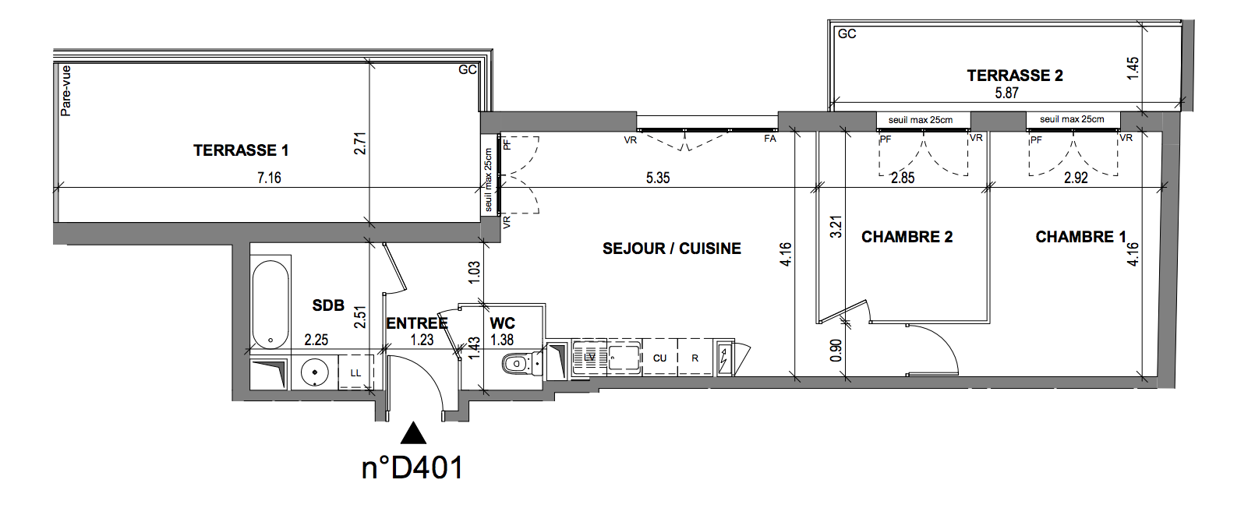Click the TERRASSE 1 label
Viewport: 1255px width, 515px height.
click(241, 150)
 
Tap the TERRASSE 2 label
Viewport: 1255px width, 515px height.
click(1015, 76)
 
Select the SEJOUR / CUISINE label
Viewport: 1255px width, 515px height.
click(672, 249)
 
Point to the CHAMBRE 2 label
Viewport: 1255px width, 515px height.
click(907, 237)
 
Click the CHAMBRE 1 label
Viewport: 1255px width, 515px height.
click(1080, 237)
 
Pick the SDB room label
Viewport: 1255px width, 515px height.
click(328, 305)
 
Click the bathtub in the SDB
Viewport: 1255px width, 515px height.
click(270, 305)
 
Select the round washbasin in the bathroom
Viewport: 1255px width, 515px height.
click(314, 372)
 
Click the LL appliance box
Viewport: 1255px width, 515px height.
click(355, 373)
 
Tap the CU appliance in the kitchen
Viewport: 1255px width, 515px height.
click(660, 358)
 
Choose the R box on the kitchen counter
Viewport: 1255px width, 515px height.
click(695, 358)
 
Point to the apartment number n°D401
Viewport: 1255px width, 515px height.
click(413, 467)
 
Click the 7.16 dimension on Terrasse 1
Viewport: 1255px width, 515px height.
click(269, 178)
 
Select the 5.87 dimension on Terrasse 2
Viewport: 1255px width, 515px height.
click(1007, 93)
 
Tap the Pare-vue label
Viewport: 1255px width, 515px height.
click(66, 90)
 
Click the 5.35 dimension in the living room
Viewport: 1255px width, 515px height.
click(658, 178)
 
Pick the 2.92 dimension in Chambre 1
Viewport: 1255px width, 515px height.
click(1076, 178)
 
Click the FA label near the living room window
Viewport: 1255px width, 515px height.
click(770, 138)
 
